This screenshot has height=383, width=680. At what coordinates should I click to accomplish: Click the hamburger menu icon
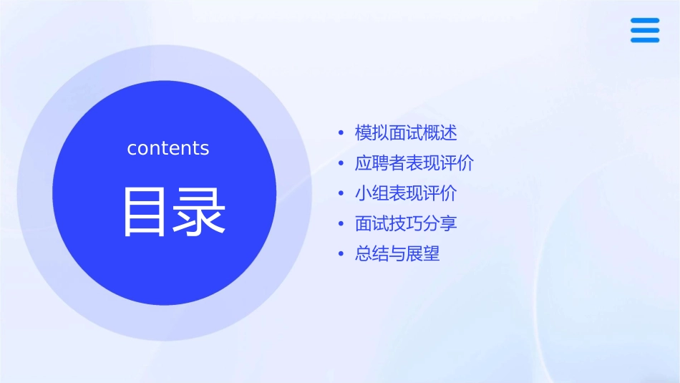(645, 30)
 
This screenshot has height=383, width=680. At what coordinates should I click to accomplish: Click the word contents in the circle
(168, 148)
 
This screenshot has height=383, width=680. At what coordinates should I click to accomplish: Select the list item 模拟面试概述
(406, 133)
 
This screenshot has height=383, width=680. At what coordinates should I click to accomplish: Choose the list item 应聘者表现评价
(414, 163)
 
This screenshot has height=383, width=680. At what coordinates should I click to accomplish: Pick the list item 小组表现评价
(406, 193)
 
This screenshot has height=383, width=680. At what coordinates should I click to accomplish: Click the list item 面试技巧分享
(406, 223)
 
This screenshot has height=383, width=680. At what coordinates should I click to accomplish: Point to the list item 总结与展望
(397, 253)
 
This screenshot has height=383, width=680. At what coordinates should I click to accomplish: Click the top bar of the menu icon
(645, 20)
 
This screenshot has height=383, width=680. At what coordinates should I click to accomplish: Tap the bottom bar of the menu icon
(645, 40)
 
